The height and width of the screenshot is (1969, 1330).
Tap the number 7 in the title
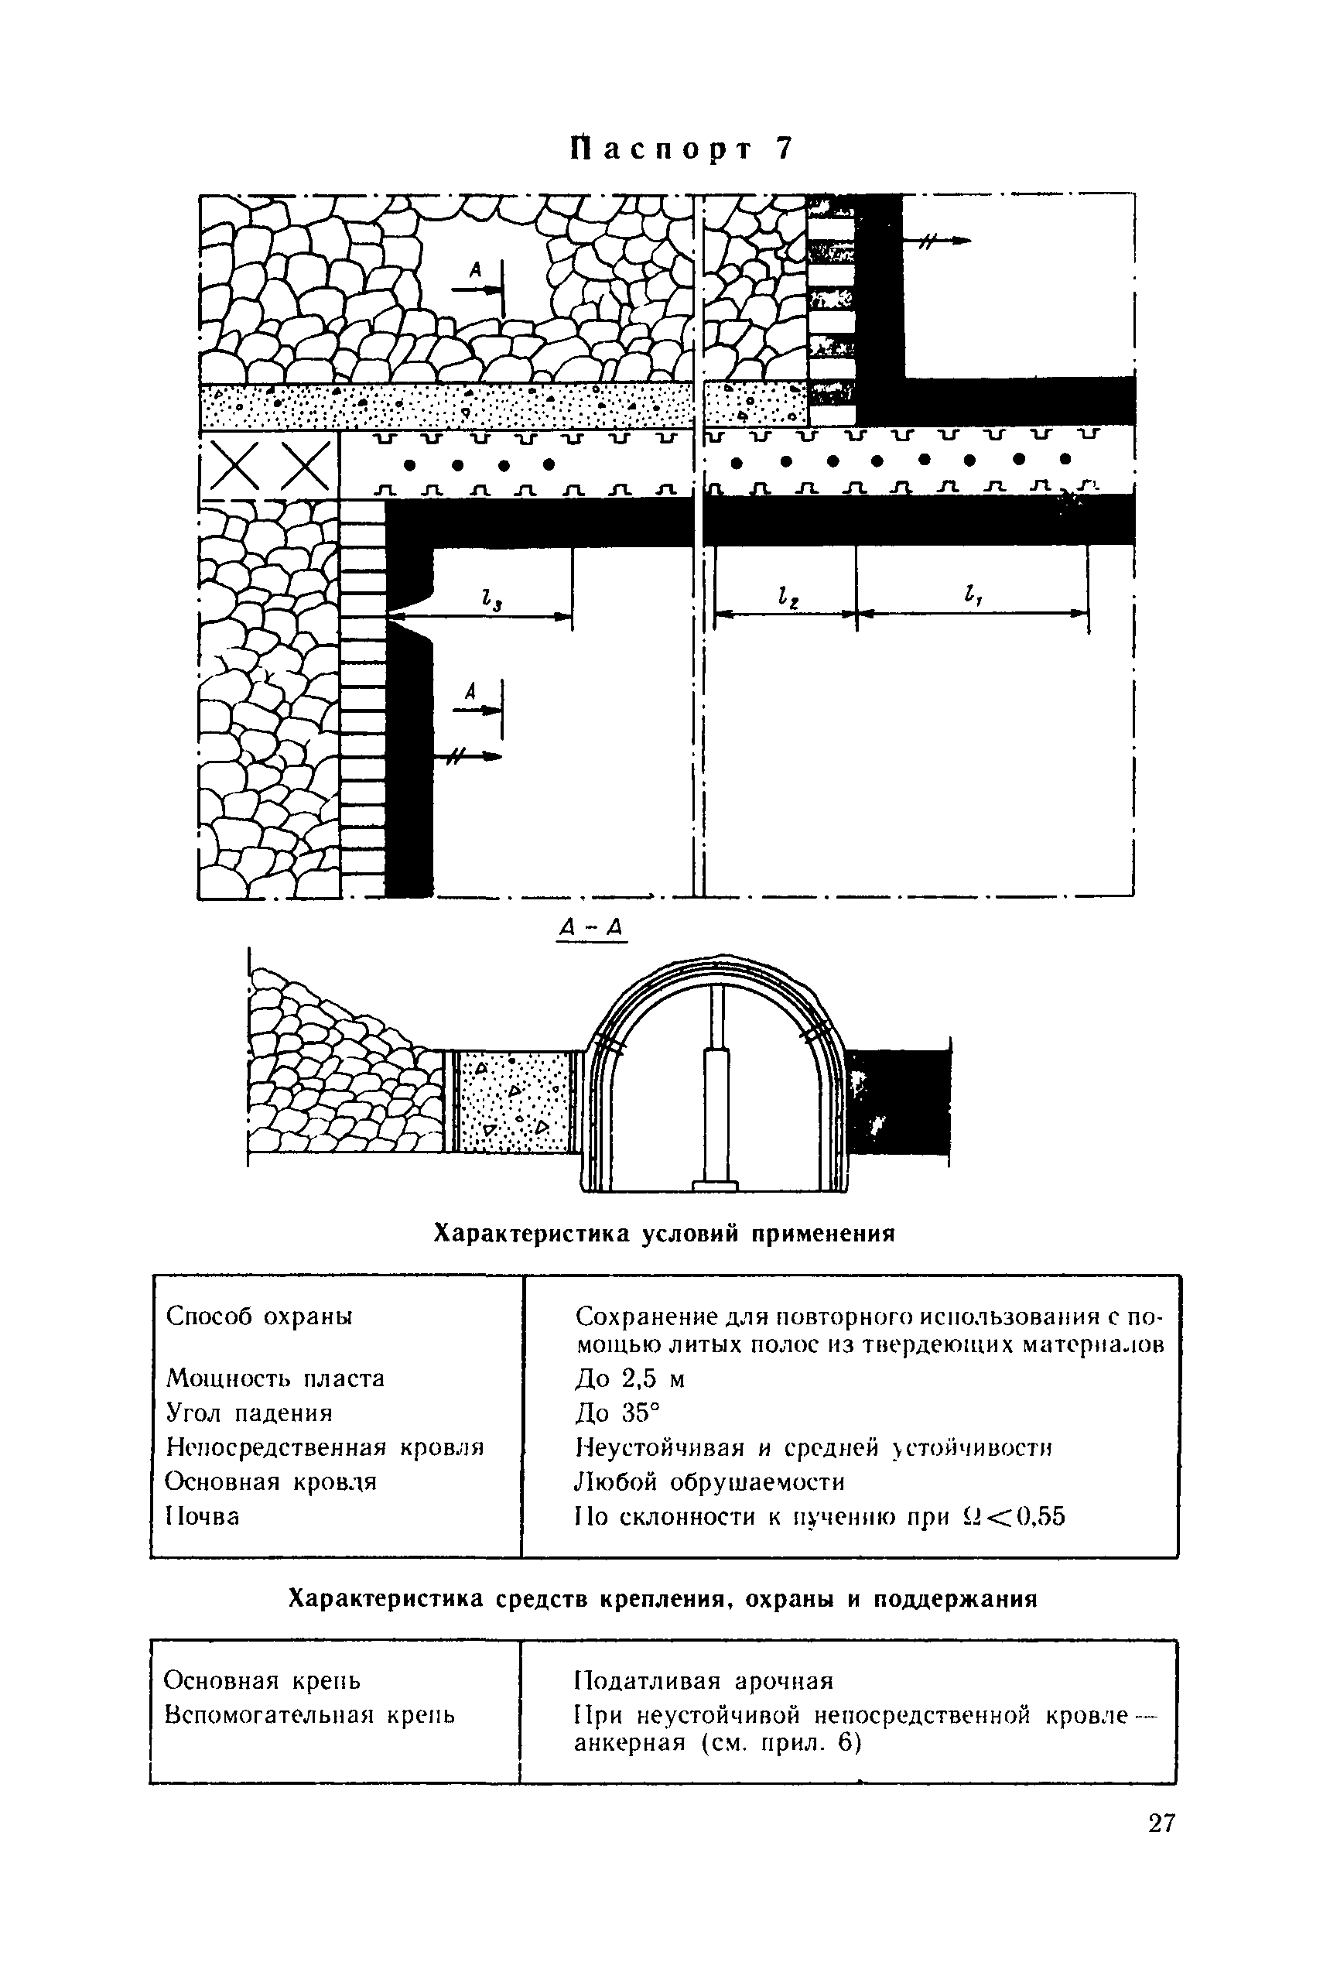pyautogui.click(x=783, y=149)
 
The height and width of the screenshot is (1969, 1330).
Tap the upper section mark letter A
pyautogui.click(x=475, y=270)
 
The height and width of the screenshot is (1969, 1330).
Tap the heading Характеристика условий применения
pyautogui.click(x=664, y=1234)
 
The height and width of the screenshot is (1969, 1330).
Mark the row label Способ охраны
pyautogui.click(x=259, y=1317)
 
